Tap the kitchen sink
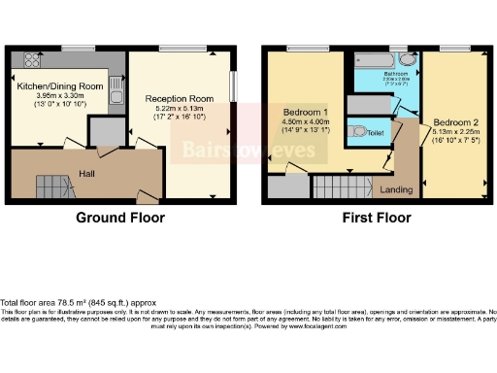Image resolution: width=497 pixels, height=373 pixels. [x=115, y=94]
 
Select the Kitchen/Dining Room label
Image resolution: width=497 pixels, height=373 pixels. [x=59, y=85]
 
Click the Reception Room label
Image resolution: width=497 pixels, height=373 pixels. [x=179, y=99]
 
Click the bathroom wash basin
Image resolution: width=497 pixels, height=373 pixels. [x=408, y=61]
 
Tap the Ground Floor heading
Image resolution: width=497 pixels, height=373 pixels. [x=120, y=218]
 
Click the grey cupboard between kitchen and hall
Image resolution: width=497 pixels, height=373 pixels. [x=101, y=131]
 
